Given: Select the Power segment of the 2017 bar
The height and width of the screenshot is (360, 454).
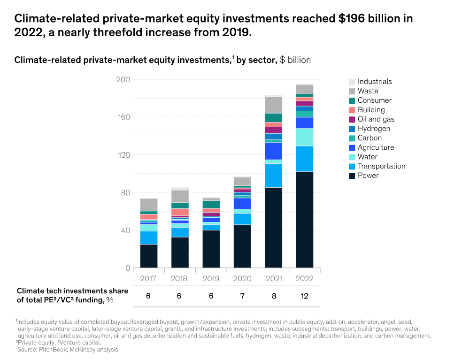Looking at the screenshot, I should (148, 256).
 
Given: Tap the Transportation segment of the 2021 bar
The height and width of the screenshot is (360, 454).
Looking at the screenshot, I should (273, 176).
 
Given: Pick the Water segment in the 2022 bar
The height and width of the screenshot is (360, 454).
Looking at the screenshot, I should (305, 137).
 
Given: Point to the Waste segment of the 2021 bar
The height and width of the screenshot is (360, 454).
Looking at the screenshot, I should (273, 105).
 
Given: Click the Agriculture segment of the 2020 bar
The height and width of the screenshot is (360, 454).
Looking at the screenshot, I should (242, 203).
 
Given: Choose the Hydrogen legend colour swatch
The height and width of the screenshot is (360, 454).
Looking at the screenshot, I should (352, 129).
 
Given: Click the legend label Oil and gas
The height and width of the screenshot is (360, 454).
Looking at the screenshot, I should (376, 119).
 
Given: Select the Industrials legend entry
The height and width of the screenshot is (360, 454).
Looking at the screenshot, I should (374, 82).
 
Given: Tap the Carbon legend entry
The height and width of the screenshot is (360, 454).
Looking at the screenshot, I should (369, 138).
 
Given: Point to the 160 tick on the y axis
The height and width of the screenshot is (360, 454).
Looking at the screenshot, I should (123, 117).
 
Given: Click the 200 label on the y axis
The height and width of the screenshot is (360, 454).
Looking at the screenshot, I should (123, 79).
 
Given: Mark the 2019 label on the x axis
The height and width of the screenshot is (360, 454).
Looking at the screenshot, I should (211, 278).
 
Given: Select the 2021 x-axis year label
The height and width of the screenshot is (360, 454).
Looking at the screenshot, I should (273, 278).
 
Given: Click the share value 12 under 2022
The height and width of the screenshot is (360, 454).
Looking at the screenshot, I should (305, 297).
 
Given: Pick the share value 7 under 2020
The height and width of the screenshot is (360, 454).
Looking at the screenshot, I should (242, 297).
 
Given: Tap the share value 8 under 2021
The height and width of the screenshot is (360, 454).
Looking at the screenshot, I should (273, 297).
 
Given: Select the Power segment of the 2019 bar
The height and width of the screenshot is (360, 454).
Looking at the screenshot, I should (211, 249).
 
